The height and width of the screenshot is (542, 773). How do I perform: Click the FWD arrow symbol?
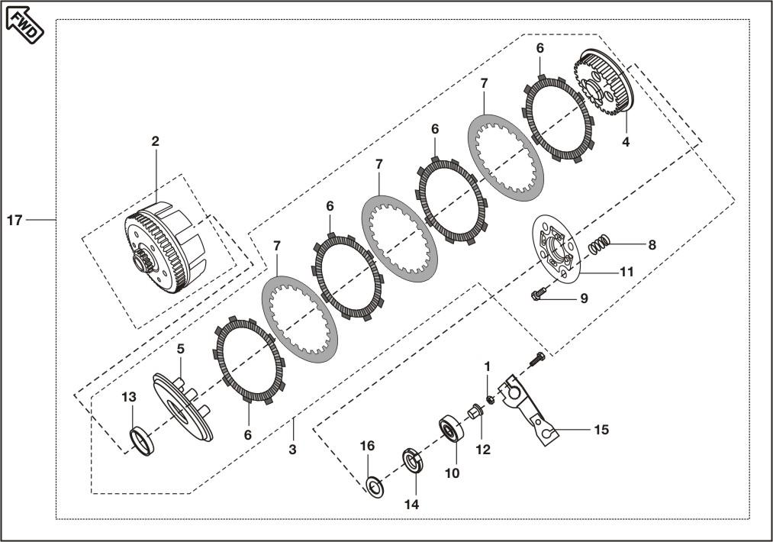(24, 25)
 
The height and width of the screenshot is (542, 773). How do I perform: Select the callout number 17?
(14, 220)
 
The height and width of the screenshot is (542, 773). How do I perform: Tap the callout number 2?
(156, 141)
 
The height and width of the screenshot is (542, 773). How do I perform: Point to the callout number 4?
(626, 142)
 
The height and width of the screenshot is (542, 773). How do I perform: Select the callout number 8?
(652, 244)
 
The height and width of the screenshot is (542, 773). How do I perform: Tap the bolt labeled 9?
(538, 293)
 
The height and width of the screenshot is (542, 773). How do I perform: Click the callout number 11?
(626, 272)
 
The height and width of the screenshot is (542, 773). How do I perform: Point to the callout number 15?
(601, 430)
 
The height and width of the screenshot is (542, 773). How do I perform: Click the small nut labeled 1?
(490, 399)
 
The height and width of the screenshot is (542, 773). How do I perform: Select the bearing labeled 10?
(452, 430)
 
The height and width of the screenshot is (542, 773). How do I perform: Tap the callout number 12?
(483, 450)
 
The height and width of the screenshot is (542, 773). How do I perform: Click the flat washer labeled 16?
(375, 487)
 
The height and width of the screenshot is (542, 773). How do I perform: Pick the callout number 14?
(411, 505)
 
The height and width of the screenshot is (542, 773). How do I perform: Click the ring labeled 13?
(141, 442)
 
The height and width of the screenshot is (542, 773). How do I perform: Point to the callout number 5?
(180, 349)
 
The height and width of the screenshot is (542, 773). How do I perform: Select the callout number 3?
(293, 450)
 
